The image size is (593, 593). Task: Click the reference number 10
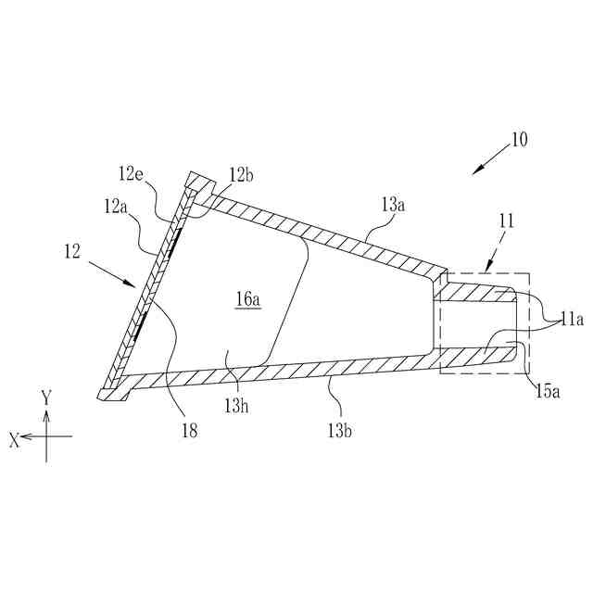(x=518, y=141)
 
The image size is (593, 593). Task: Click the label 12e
(x=131, y=173)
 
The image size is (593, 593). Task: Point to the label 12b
(x=241, y=173)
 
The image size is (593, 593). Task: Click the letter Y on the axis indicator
(x=45, y=397)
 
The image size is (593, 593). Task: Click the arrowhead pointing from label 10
(x=476, y=170)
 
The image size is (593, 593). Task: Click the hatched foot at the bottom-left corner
(x=109, y=394)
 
